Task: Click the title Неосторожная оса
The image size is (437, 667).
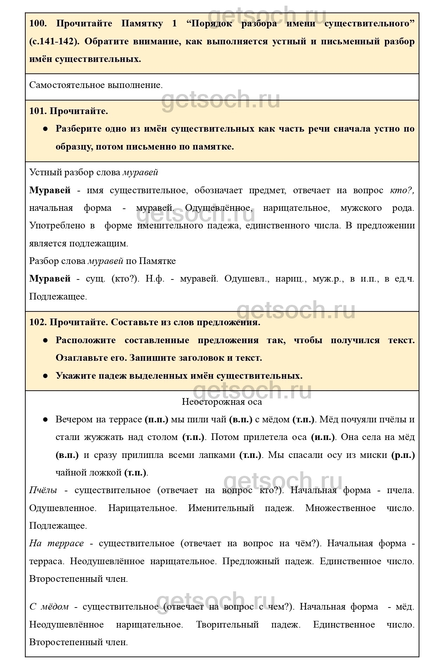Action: point(222,402)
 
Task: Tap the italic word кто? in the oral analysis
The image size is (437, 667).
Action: point(402,190)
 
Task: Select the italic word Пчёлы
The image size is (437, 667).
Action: point(43,490)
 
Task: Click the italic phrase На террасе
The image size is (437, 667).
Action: point(56,543)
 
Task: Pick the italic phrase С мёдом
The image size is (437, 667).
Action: point(49,606)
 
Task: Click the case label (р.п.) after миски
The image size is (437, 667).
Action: point(403,455)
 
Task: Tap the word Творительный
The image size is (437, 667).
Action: point(227,624)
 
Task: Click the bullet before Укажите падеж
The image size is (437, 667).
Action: point(45,376)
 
